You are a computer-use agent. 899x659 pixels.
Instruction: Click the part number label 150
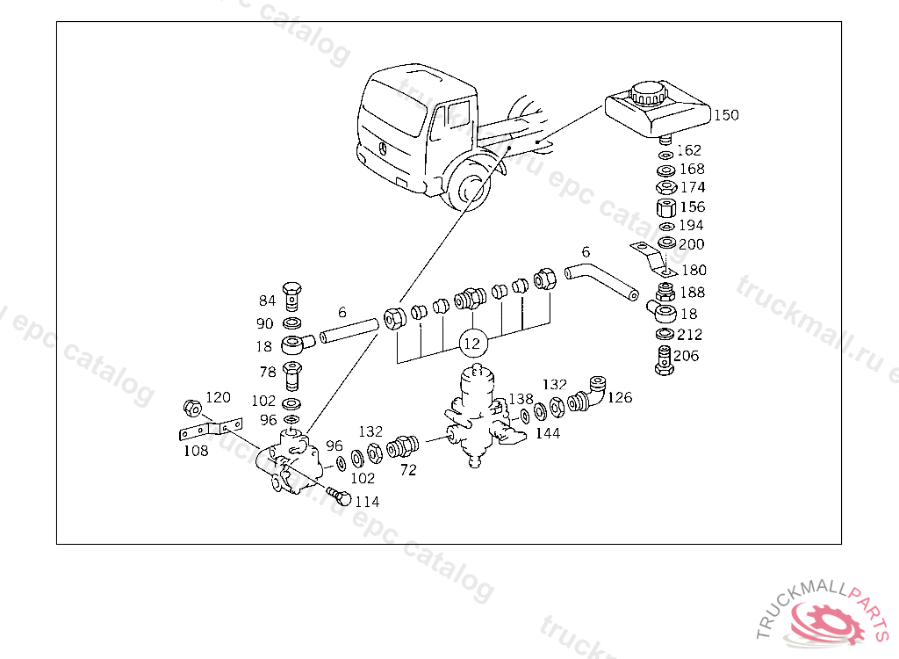click(726, 115)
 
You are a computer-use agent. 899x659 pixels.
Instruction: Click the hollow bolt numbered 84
click(294, 296)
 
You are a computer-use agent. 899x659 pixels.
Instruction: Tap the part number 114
click(366, 502)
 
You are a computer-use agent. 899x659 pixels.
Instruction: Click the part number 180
click(694, 271)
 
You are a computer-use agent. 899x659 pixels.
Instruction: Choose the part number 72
click(407, 470)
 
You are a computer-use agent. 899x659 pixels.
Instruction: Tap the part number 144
click(548, 432)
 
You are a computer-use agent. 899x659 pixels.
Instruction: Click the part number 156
click(693, 207)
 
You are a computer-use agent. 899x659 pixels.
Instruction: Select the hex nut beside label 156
click(665, 207)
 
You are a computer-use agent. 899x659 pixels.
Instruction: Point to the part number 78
click(268, 373)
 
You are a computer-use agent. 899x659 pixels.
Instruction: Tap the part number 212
click(691, 335)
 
